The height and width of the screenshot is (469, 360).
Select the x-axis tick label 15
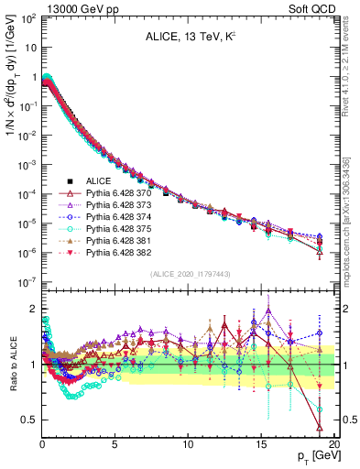[x=262, y=444]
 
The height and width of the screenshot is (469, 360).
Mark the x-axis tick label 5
[x=115, y=444]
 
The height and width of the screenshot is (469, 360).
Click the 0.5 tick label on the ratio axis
[x=28, y=420]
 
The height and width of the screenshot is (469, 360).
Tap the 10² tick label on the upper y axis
[x=27, y=18]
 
